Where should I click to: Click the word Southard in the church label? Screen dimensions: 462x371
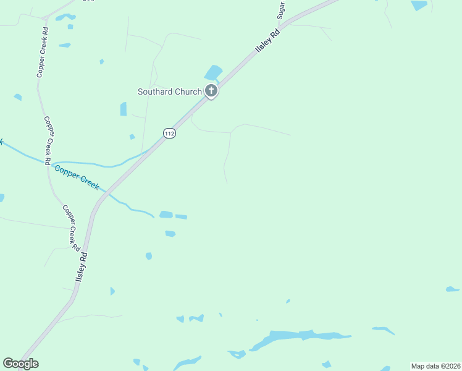pyautogui.click(x=156, y=92)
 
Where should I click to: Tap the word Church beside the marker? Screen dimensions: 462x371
pyautogui.click(x=188, y=92)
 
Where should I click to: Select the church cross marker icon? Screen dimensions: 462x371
pyautogui.click(x=211, y=92)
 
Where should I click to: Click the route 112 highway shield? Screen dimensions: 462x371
pyautogui.click(x=170, y=133)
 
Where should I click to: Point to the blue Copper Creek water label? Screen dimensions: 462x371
pyautogui.click(x=76, y=176)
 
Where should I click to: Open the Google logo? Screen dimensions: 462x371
pyautogui.click(x=20, y=364)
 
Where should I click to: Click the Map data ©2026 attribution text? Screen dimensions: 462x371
pyautogui.click(x=435, y=365)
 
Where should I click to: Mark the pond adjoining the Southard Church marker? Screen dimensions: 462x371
pyautogui.click(x=213, y=73)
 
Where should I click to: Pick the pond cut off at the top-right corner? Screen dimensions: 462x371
pyautogui.click(x=419, y=4)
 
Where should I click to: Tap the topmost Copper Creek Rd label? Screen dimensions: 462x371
pyautogui.click(x=41, y=51)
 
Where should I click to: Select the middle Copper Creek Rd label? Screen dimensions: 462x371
pyautogui.click(x=48, y=140)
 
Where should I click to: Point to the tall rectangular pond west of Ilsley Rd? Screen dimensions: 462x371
pyautogui.click(x=124, y=109)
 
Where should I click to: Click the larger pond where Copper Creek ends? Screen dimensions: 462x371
pyautogui.click(x=166, y=215)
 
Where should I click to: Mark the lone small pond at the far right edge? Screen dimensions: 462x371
pyautogui.click(x=452, y=289)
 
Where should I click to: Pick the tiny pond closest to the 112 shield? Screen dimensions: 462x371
pyautogui.click(x=132, y=137)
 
